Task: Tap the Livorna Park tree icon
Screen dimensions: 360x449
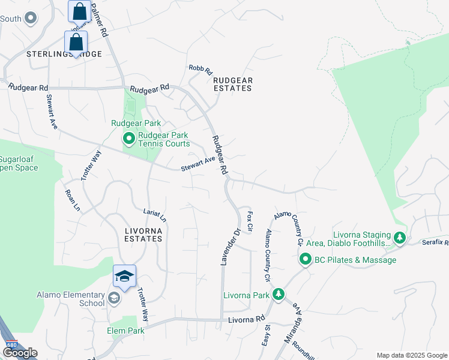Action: [277, 295]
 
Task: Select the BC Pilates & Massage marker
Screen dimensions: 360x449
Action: [305, 260]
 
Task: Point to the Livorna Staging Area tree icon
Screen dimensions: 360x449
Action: [399, 238]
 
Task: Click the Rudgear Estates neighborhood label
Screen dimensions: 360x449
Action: [233, 84]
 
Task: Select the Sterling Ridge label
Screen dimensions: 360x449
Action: [64, 54]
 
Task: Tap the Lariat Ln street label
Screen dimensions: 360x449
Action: [154, 215]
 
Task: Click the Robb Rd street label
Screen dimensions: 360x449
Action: [200, 70]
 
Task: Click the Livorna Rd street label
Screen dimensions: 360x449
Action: [246, 320]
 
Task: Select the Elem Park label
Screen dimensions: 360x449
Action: [125, 331]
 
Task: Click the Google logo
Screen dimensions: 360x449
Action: [20, 353]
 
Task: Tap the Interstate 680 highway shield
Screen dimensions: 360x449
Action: [11, 344]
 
